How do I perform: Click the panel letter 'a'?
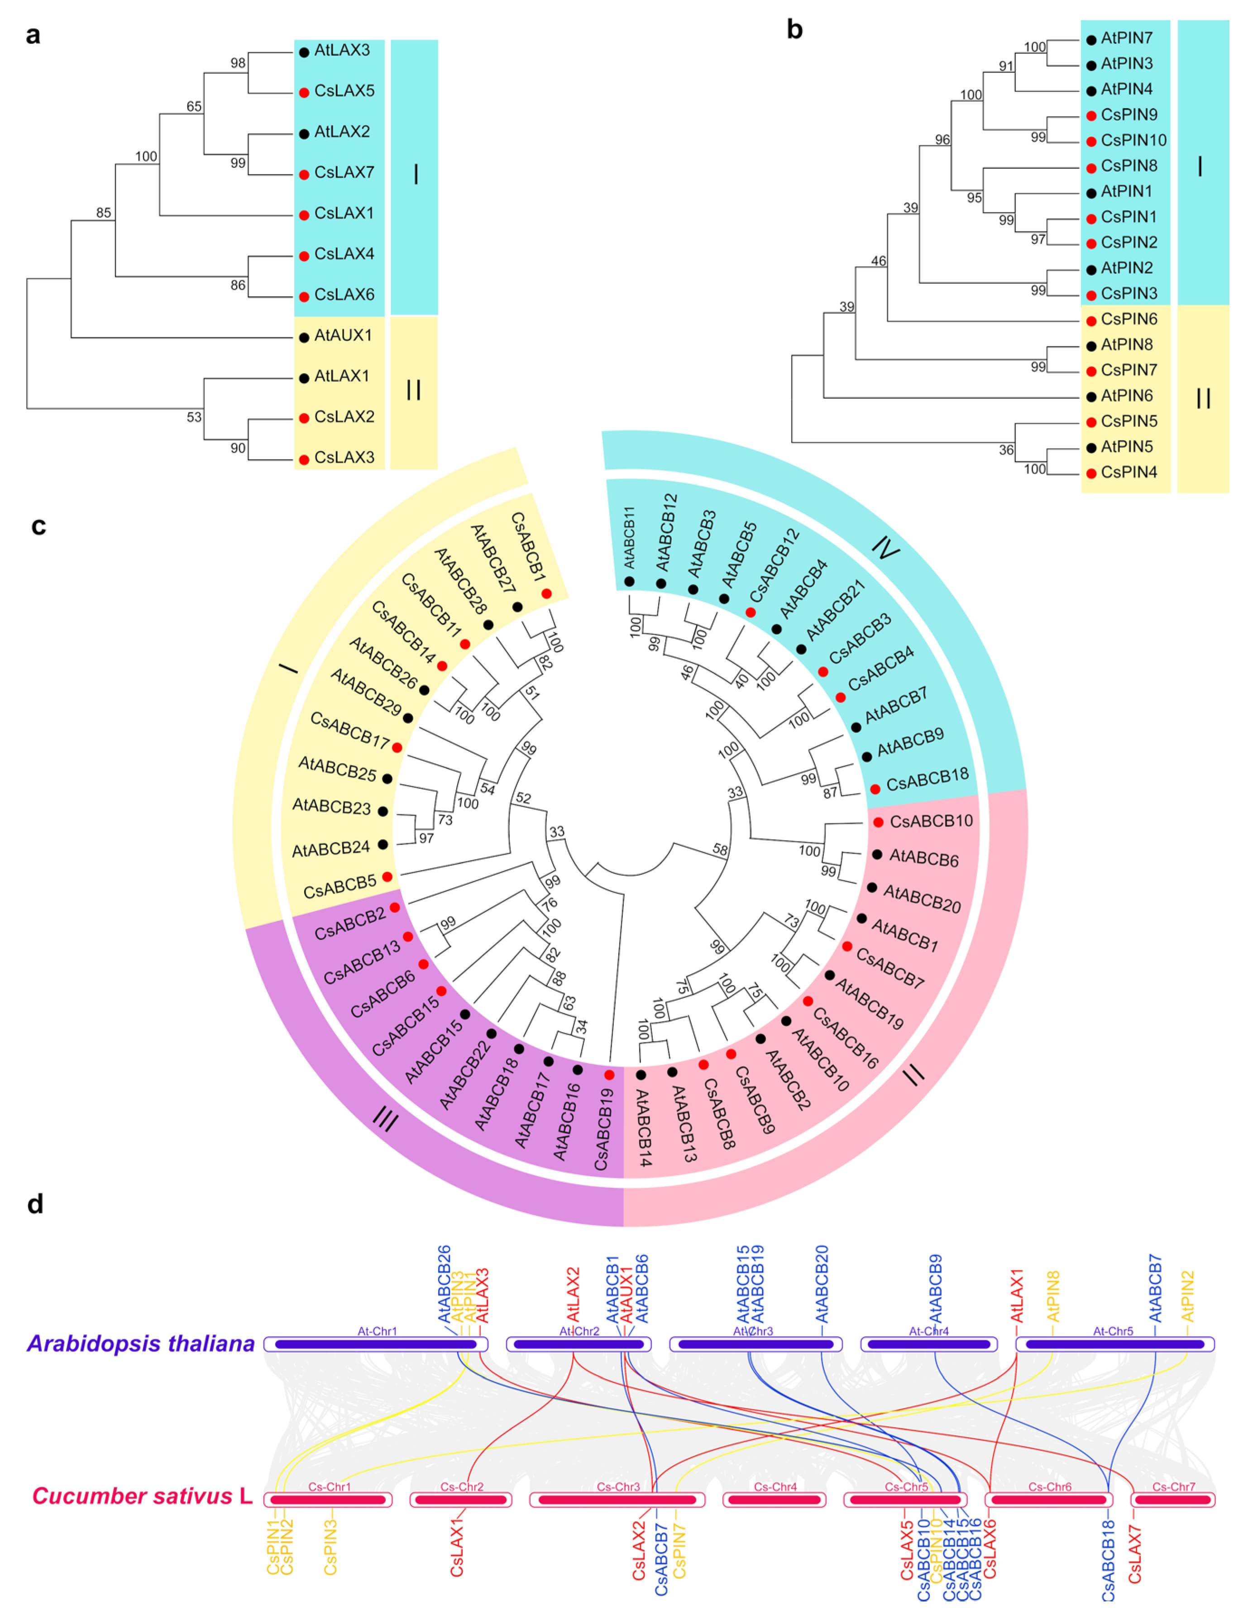(x=33, y=35)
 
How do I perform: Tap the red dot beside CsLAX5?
(x=304, y=93)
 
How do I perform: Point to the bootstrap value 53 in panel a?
(x=194, y=417)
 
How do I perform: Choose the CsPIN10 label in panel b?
(x=1133, y=140)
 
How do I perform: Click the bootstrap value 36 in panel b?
(x=1006, y=449)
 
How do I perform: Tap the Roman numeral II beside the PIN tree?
(x=1203, y=399)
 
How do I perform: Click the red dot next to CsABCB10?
(x=878, y=822)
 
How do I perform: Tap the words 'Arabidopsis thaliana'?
(x=140, y=1343)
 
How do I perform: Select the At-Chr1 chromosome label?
(x=377, y=1331)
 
